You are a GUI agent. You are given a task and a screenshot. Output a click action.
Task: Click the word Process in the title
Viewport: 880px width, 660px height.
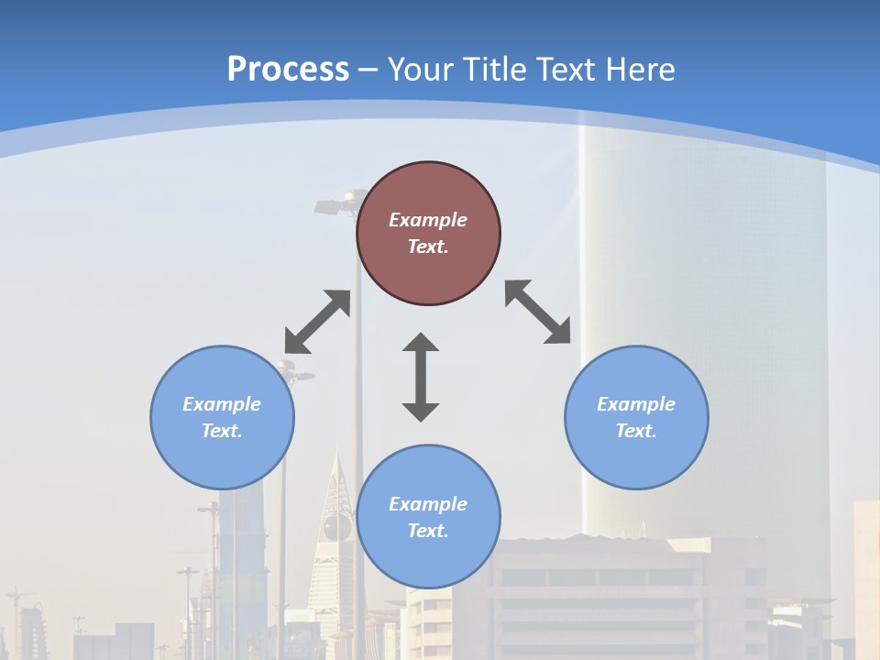[288, 70]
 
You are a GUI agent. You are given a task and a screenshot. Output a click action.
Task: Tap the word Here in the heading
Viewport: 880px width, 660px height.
[639, 70]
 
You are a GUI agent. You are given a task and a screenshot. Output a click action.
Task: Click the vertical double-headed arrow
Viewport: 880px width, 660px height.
[421, 377]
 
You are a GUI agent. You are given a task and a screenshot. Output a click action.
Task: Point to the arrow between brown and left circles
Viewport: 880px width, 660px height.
[317, 322]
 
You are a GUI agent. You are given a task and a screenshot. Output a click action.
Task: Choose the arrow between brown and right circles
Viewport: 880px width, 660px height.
[538, 312]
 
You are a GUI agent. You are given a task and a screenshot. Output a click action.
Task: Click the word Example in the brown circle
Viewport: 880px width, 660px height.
[428, 220]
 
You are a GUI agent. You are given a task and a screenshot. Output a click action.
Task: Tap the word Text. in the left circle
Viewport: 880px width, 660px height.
[222, 431]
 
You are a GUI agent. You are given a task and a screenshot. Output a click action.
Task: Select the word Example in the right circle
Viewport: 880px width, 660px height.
[636, 404]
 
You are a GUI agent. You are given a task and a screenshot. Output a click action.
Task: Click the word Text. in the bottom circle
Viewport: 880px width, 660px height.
[428, 531]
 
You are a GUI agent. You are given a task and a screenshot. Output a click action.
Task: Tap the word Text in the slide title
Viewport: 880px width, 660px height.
[566, 70]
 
